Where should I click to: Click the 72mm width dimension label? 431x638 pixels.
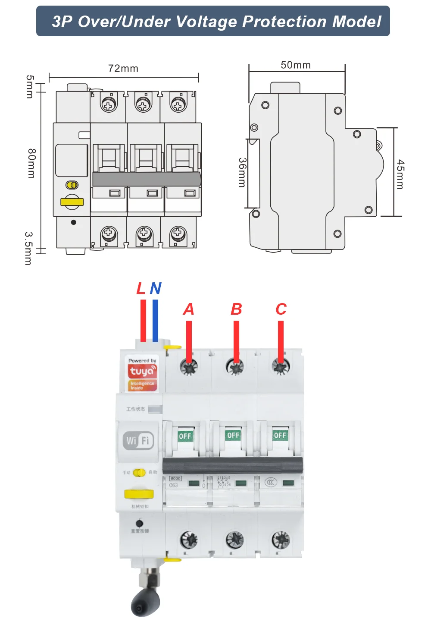click(x=123, y=69)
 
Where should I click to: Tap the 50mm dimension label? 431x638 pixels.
click(x=296, y=65)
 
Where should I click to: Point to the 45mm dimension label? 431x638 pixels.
click(x=400, y=174)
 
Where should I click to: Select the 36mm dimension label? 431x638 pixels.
click(x=242, y=172)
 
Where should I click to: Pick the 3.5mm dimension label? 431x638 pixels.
click(x=28, y=248)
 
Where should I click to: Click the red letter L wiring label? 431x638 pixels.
click(x=141, y=288)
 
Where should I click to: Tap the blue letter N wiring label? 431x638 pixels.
click(x=156, y=288)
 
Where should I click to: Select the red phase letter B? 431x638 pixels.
click(x=236, y=310)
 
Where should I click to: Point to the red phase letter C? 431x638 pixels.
click(x=281, y=310)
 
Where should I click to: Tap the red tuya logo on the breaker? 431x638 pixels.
click(x=142, y=371)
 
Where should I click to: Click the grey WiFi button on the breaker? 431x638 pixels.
click(x=138, y=440)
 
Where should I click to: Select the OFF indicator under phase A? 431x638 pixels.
click(x=185, y=436)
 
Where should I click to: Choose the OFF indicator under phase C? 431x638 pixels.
click(x=280, y=435)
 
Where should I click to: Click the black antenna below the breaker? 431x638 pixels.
click(x=145, y=603)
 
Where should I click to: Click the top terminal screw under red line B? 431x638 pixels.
click(x=235, y=367)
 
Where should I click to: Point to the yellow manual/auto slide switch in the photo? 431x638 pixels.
click(x=139, y=473)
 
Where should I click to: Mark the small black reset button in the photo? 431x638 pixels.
click(x=139, y=523)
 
